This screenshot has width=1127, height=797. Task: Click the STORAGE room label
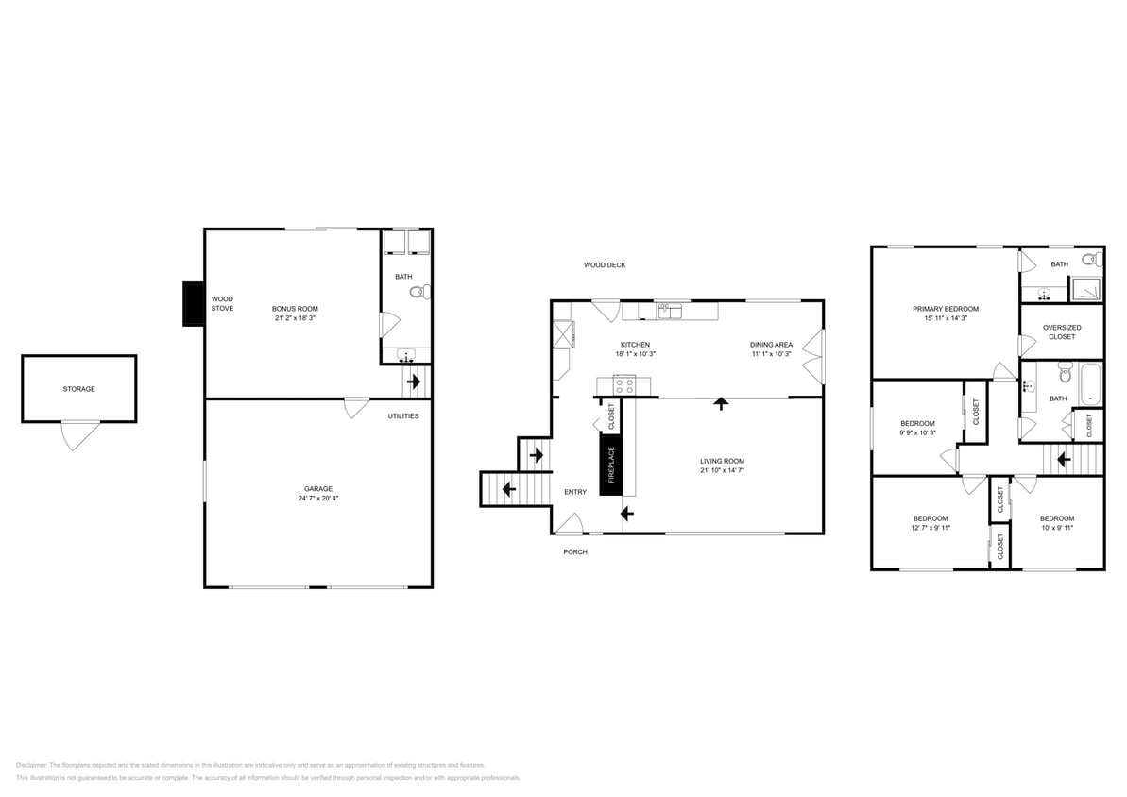78,389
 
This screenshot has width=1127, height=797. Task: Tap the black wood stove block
194,304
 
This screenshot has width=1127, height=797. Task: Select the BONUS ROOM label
295,308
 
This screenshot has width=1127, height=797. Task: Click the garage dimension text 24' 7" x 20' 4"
318,498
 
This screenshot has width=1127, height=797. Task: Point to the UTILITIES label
403,416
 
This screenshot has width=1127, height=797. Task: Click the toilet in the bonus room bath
419,292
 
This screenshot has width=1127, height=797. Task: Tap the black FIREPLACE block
611,465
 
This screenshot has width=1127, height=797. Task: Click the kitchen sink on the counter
670,311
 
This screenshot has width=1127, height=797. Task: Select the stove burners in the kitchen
624,385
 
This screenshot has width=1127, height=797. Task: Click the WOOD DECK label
605,265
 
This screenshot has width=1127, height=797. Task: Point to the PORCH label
575,551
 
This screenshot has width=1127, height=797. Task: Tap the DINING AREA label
771,345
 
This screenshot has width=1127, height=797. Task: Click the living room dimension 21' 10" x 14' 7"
723,470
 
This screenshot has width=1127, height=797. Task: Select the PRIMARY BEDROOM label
946,309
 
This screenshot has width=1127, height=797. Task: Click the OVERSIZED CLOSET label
1062,332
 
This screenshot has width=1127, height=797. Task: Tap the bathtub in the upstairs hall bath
1090,383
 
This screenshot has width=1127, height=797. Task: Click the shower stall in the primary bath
1086,289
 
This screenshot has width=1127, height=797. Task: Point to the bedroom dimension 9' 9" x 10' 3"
918,432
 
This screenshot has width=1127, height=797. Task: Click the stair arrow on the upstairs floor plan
1063,459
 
